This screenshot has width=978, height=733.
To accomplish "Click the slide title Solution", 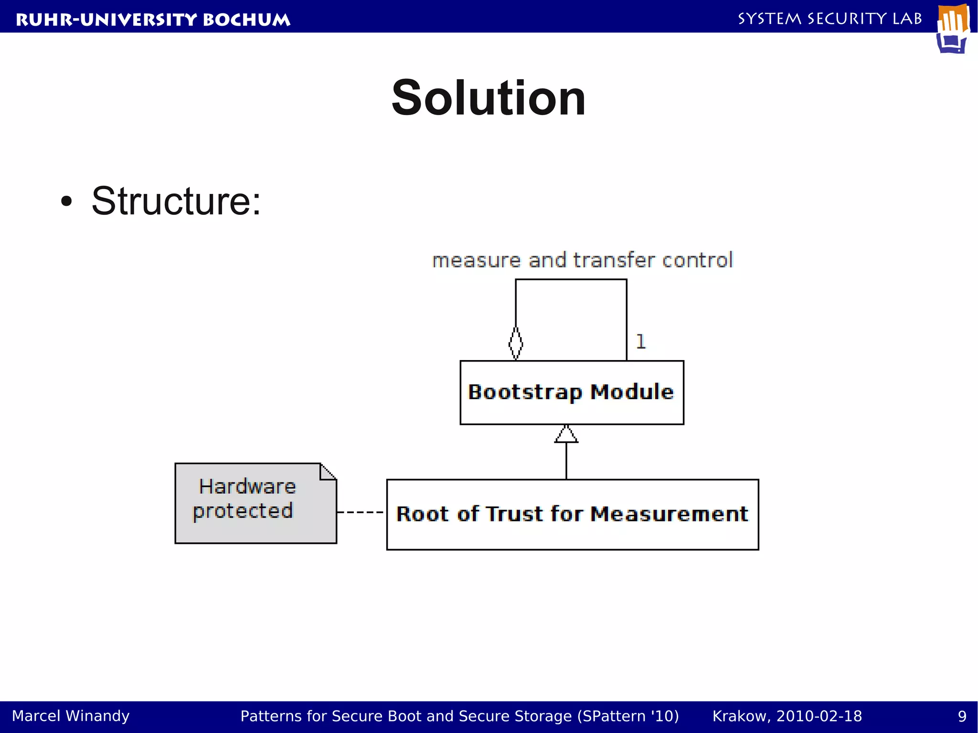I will coord(488,98).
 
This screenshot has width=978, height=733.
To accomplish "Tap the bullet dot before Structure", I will coord(66,202).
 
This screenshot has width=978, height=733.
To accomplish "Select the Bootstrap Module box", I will coord(572,393).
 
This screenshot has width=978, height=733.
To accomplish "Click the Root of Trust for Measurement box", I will coord(572,515).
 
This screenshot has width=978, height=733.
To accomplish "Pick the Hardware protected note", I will coord(255,503).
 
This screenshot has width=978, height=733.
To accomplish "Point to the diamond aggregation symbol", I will coord(516,343).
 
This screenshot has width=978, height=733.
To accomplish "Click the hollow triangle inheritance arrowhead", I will coord(566,434).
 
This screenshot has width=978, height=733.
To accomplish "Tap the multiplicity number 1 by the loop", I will coord(641,342).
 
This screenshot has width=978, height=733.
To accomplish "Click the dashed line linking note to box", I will coord(361,512).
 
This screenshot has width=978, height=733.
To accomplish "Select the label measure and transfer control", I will coord(582,261).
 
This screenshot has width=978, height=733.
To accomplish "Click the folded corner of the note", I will coord(329,471).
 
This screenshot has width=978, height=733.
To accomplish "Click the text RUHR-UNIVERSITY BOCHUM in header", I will coord(153,20).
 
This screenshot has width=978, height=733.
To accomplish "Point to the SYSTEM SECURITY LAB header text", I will coord(829,19).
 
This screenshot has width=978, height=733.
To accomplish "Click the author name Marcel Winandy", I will coord(71,716).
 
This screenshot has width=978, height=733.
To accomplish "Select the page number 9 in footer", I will coord(962,716).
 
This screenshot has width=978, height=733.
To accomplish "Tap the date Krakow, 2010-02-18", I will coord(787,716).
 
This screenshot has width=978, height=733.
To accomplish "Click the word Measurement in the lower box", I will coord(670,514).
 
